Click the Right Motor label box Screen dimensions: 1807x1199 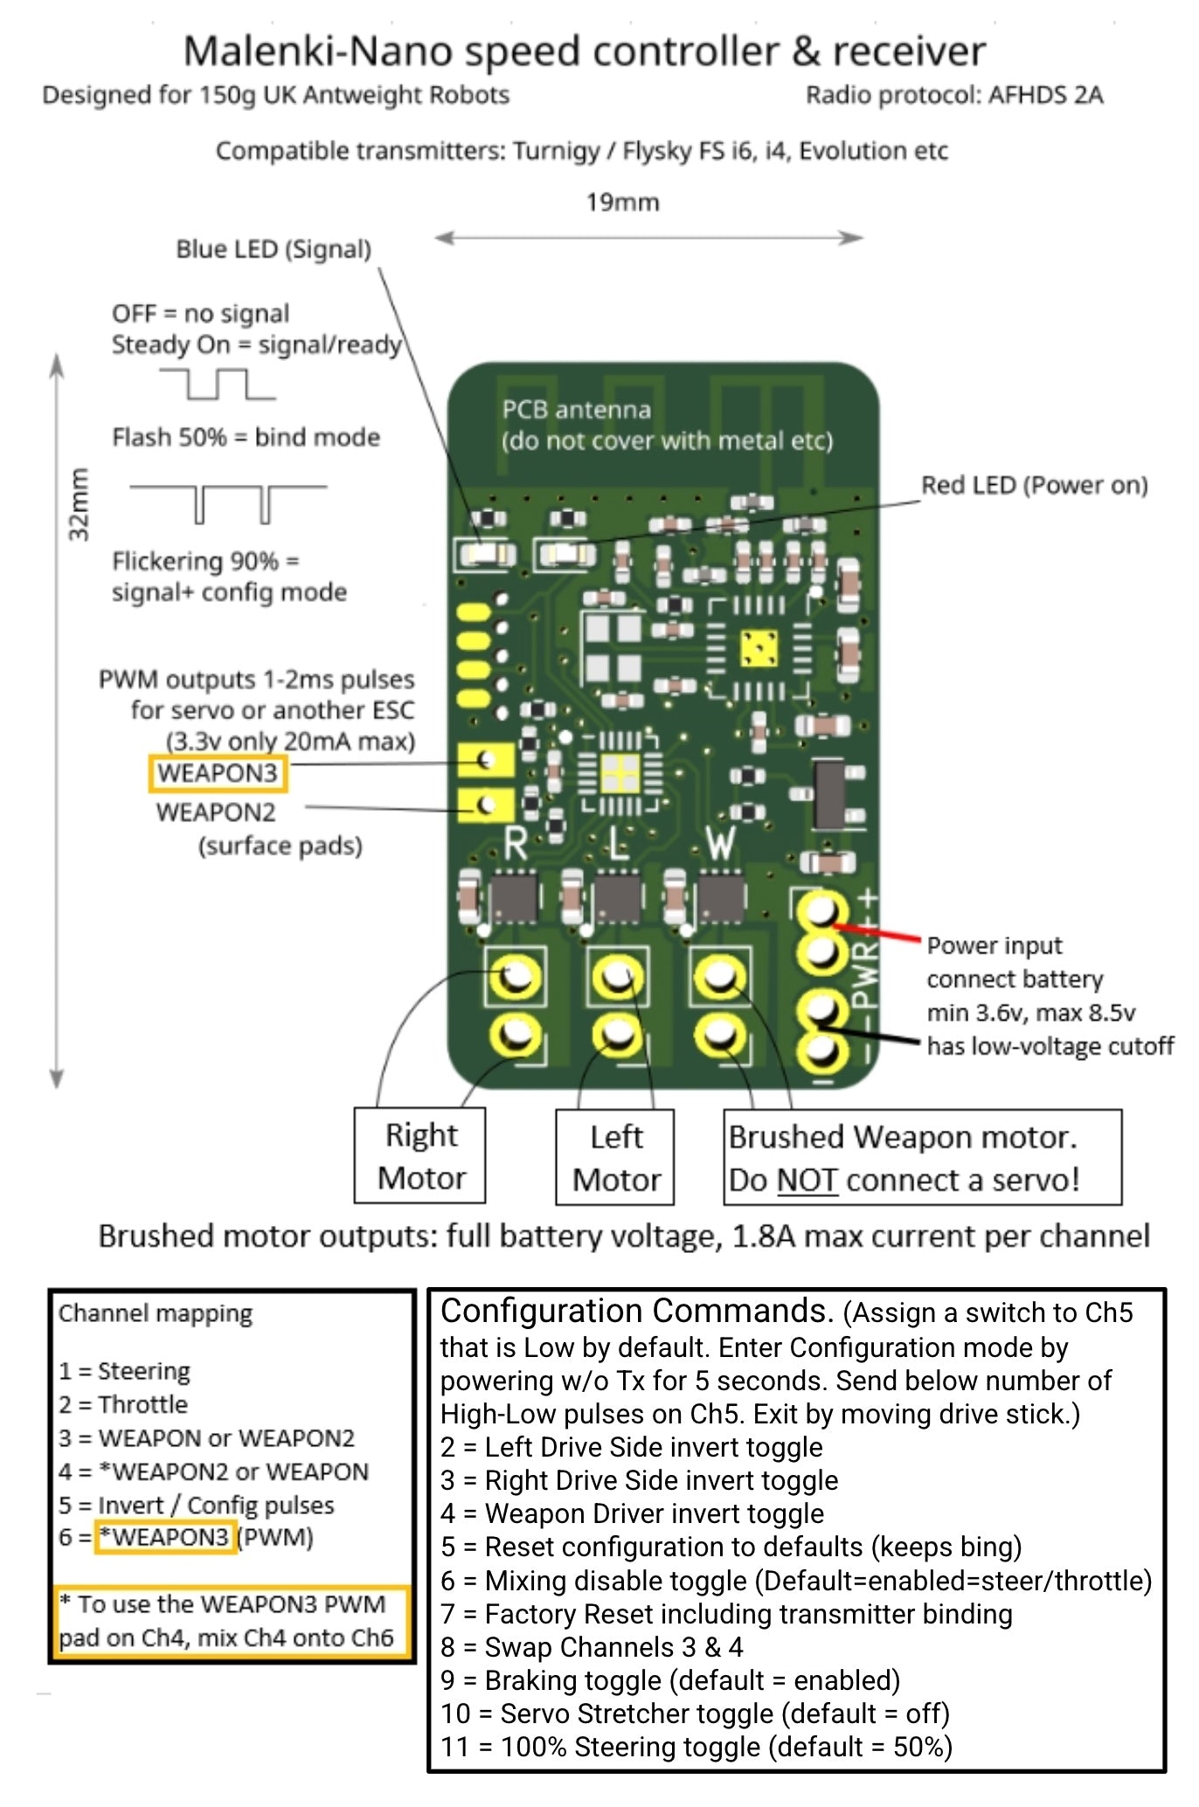click(420, 1155)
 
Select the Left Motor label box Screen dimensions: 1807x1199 click(615, 1157)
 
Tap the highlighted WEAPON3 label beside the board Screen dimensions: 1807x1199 click(218, 773)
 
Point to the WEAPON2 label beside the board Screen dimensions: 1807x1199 click(216, 813)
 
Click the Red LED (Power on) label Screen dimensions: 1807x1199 click(1034, 485)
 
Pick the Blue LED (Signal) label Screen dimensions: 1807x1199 click(274, 249)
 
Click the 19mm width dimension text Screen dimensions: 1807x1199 click(622, 202)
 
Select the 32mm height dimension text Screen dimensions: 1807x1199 click(80, 504)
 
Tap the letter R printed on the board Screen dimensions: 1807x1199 click(516, 845)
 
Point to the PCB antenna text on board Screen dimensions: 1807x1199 click(577, 410)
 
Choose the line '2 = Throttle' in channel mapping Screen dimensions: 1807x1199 click(123, 1404)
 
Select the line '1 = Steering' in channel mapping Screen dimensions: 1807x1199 click(124, 1371)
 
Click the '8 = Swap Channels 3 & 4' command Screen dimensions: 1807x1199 click(592, 1647)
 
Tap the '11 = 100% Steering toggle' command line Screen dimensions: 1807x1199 click(696, 1747)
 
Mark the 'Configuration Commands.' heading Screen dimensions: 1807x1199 click(637, 1312)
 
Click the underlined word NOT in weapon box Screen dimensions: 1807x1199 click(807, 1180)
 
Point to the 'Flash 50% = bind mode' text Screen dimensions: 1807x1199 click(246, 437)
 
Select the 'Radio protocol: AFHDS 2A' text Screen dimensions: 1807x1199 click(953, 94)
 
